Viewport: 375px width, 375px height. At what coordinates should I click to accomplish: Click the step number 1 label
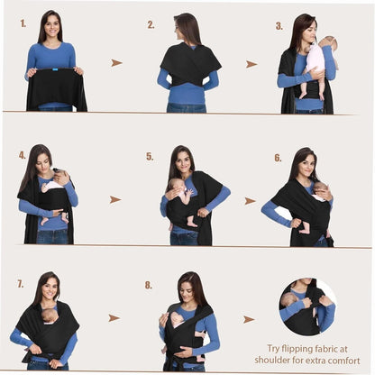[23, 23]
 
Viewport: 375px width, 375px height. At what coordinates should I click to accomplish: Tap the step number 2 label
[151, 25]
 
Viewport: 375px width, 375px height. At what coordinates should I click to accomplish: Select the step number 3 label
[279, 26]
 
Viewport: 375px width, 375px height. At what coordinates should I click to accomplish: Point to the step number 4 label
[23, 155]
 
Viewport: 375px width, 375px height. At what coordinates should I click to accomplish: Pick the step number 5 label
[150, 157]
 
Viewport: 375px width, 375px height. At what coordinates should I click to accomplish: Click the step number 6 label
[278, 158]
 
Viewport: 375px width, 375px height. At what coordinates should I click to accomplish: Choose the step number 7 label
[20, 284]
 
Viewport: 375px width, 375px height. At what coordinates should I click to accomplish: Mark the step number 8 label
[149, 285]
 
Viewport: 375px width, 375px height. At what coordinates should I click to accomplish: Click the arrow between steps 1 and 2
[116, 63]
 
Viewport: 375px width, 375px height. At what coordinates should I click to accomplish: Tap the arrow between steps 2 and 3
[252, 64]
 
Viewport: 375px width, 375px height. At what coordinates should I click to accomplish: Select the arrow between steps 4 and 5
[115, 199]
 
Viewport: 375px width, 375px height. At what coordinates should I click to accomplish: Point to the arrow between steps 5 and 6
[250, 201]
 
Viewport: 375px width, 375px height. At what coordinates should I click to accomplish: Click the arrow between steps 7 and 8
[114, 318]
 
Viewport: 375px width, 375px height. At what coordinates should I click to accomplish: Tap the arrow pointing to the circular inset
[249, 319]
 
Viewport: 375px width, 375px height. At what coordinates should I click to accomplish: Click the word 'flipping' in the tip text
[297, 350]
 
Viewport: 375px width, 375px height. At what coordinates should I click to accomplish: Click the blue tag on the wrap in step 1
[55, 69]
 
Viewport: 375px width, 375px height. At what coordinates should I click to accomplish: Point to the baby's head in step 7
[50, 316]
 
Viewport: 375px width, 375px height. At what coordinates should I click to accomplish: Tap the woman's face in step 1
[52, 26]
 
